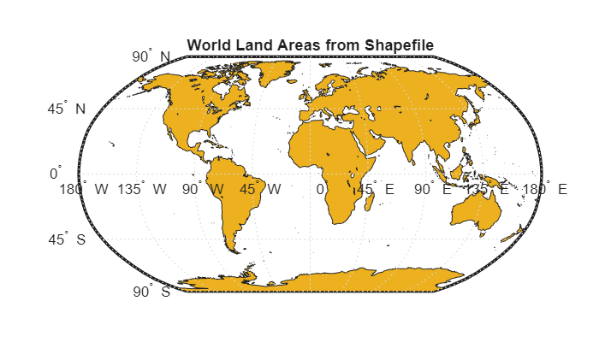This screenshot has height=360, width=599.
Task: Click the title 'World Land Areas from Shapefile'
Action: (311, 44)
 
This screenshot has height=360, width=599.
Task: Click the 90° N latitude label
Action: (151, 57)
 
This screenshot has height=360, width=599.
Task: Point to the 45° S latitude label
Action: (66, 239)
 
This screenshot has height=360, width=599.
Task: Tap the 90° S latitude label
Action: (151, 292)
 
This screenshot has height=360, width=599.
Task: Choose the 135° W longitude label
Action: (142, 189)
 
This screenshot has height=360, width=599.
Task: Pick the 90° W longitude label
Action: (203, 189)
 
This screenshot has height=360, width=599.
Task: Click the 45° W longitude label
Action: (260, 189)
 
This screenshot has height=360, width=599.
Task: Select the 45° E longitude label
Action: (376, 189)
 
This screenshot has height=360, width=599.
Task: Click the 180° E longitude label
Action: (545, 189)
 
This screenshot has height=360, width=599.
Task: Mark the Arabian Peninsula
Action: (364, 141)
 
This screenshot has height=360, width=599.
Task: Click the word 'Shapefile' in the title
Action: (402, 44)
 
